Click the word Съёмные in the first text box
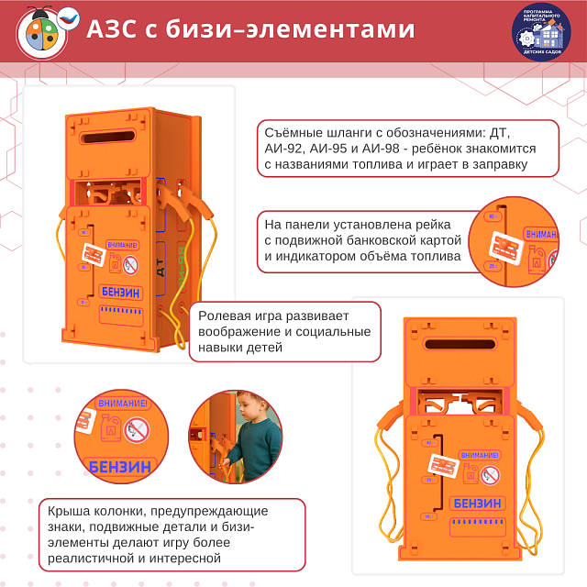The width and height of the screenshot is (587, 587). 293,130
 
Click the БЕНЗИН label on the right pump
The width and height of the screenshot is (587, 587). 477,502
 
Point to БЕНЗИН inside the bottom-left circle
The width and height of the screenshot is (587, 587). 119,466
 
